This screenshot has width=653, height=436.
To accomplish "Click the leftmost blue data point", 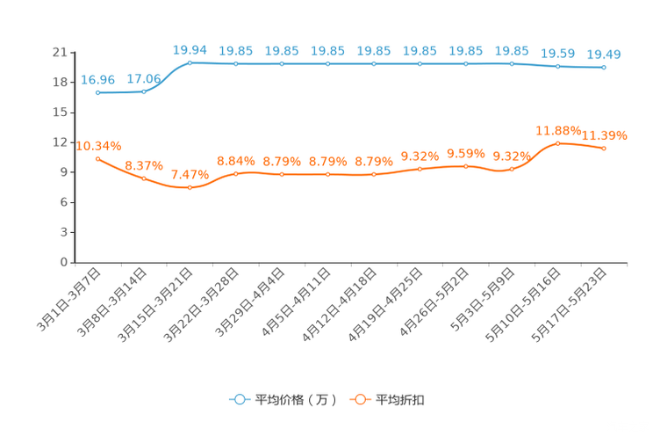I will pyautogui.click(x=97, y=91).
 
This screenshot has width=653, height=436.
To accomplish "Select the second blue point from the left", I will pyautogui.click(x=143, y=91).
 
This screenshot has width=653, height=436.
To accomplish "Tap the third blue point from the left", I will pyautogui.click(x=190, y=62).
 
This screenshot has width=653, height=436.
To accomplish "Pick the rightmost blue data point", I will pyautogui.click(x=604, y=67).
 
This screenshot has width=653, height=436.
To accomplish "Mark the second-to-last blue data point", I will pyautogui.click(x=557, y=65).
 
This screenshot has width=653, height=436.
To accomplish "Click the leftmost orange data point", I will pyautogui.click(x=97, y=157).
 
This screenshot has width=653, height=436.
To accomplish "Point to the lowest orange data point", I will pyautogui.click(x=190, y=187).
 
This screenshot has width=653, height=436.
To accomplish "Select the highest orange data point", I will pyautogui.click(x=557, y=142).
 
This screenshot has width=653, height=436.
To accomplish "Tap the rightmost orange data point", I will pyautogui.click(x=604, y=149).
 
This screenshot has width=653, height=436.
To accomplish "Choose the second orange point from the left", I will pyautogui.click(x=143, y=178).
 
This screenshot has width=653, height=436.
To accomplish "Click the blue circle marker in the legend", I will pyautogui.click(x=239, y=399).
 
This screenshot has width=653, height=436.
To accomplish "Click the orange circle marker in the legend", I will pyautogui.click(x=359, y=399).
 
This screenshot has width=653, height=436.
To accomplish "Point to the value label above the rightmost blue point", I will pyautogui.click(x=604, y=55).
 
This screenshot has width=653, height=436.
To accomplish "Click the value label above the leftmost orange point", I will pyautogui.click(x=98, y=145).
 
